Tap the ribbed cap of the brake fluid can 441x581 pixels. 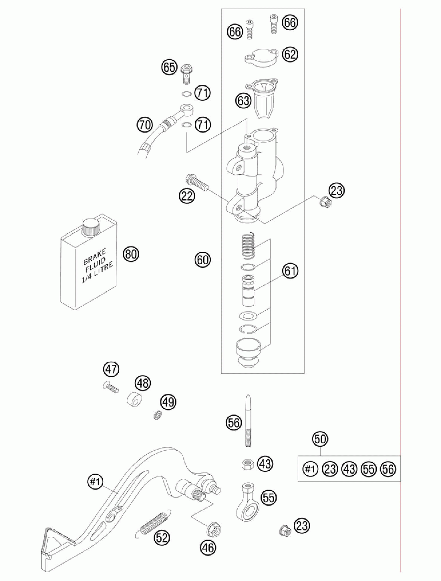[91, 228]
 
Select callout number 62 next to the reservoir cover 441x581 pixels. [290, 54]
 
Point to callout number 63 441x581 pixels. [243, 101]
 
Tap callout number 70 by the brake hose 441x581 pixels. [145, 125]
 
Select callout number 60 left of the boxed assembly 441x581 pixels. [202, 260]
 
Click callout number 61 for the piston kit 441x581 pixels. [290, 271]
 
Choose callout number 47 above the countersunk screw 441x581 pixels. [111, 370]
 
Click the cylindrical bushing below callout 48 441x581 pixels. [135, 399]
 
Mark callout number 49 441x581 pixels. [168, 402]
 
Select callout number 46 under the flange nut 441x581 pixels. [208, 548]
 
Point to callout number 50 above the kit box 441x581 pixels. [320, 439]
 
